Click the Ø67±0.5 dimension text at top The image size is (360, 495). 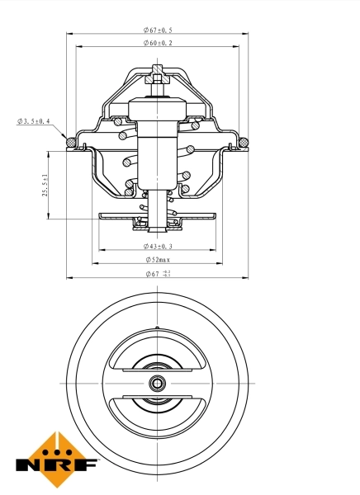157,31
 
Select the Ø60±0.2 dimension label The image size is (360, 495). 157,42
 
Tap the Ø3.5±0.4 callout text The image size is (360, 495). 33,121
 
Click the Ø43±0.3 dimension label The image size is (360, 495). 157,246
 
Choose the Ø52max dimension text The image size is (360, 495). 157,260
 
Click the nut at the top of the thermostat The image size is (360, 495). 157,81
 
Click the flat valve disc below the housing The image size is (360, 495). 157,217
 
